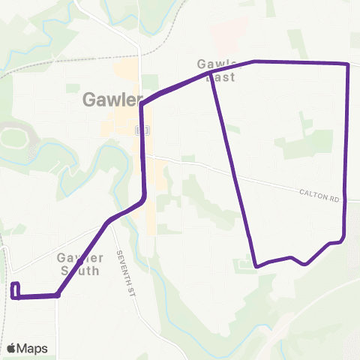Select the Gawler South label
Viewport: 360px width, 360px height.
(78, 263)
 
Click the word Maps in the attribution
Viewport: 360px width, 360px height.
(33, 348)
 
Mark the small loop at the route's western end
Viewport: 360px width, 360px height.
(14, 290)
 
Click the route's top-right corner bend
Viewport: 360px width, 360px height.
(348, 65)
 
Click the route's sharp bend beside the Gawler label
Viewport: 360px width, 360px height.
(142, 105)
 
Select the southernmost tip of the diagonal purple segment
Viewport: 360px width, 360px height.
(256, 265)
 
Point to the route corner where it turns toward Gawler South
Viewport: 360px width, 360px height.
(58, 295)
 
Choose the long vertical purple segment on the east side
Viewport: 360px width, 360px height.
(346, 150)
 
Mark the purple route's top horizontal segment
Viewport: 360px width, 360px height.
(300, 63)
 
